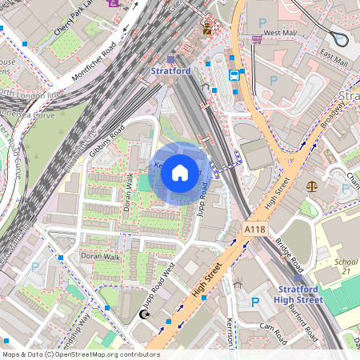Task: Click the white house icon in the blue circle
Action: (180, 172)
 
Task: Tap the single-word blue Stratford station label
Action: (171, 70)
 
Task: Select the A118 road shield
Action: (254, 230)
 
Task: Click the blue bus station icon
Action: (234, 75)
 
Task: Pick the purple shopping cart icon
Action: (257, 38)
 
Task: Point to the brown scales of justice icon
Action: (311, 185)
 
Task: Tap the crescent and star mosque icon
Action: (145, 315)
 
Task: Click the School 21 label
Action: (346, 266)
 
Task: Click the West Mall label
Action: (280, 33)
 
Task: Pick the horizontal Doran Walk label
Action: (99, 256)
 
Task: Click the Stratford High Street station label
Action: (300, 294)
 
